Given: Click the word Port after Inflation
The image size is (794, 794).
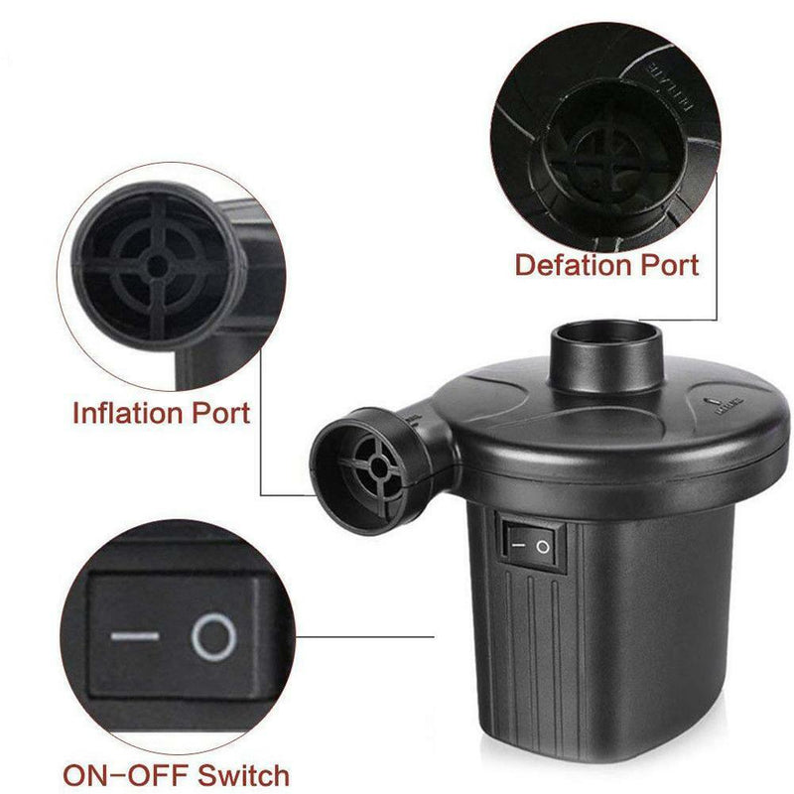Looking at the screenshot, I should click(x=221, y=412).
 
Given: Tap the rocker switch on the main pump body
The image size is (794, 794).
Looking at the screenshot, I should click(x=532, y=543).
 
